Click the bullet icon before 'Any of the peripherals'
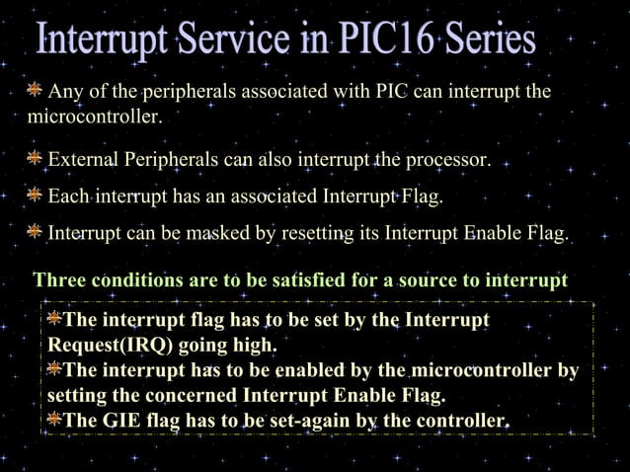(x=35, y=92)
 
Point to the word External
(x=83, y=159)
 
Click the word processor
(x=446, y=159)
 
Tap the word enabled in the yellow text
(x=297, y=371)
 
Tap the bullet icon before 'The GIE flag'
(x=54, y=422)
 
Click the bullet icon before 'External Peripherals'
(x=35, y=159)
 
